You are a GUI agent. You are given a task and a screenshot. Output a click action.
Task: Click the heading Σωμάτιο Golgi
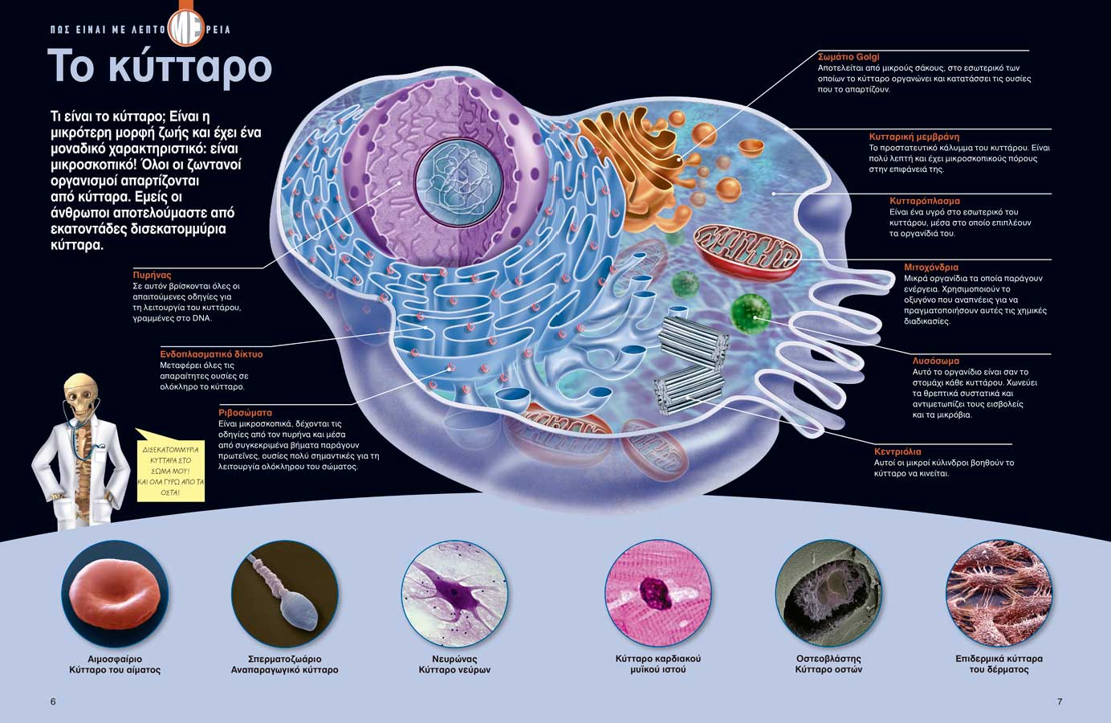849,57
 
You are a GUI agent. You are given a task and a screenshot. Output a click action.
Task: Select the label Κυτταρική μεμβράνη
914,137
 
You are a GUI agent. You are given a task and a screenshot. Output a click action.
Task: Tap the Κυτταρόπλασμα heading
925,201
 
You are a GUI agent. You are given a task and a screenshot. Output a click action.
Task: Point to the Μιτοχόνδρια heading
931,267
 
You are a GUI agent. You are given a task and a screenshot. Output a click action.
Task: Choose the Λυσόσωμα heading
935,361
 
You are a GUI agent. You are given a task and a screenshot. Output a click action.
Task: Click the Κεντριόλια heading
897,451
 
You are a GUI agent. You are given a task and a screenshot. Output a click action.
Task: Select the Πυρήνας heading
152,275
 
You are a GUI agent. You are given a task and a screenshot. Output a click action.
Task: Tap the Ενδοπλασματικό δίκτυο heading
211,354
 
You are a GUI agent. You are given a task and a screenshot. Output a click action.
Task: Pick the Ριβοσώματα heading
245,412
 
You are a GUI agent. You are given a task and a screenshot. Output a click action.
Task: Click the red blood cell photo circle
115,594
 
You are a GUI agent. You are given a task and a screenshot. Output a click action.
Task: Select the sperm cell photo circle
285,594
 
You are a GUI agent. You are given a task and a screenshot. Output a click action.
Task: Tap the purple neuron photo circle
455,594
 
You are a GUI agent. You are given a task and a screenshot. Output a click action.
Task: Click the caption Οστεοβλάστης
828,659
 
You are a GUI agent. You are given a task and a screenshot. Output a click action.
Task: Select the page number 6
53,701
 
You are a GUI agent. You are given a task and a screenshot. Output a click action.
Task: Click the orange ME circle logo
186,28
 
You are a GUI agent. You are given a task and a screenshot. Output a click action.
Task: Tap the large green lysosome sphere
751,313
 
